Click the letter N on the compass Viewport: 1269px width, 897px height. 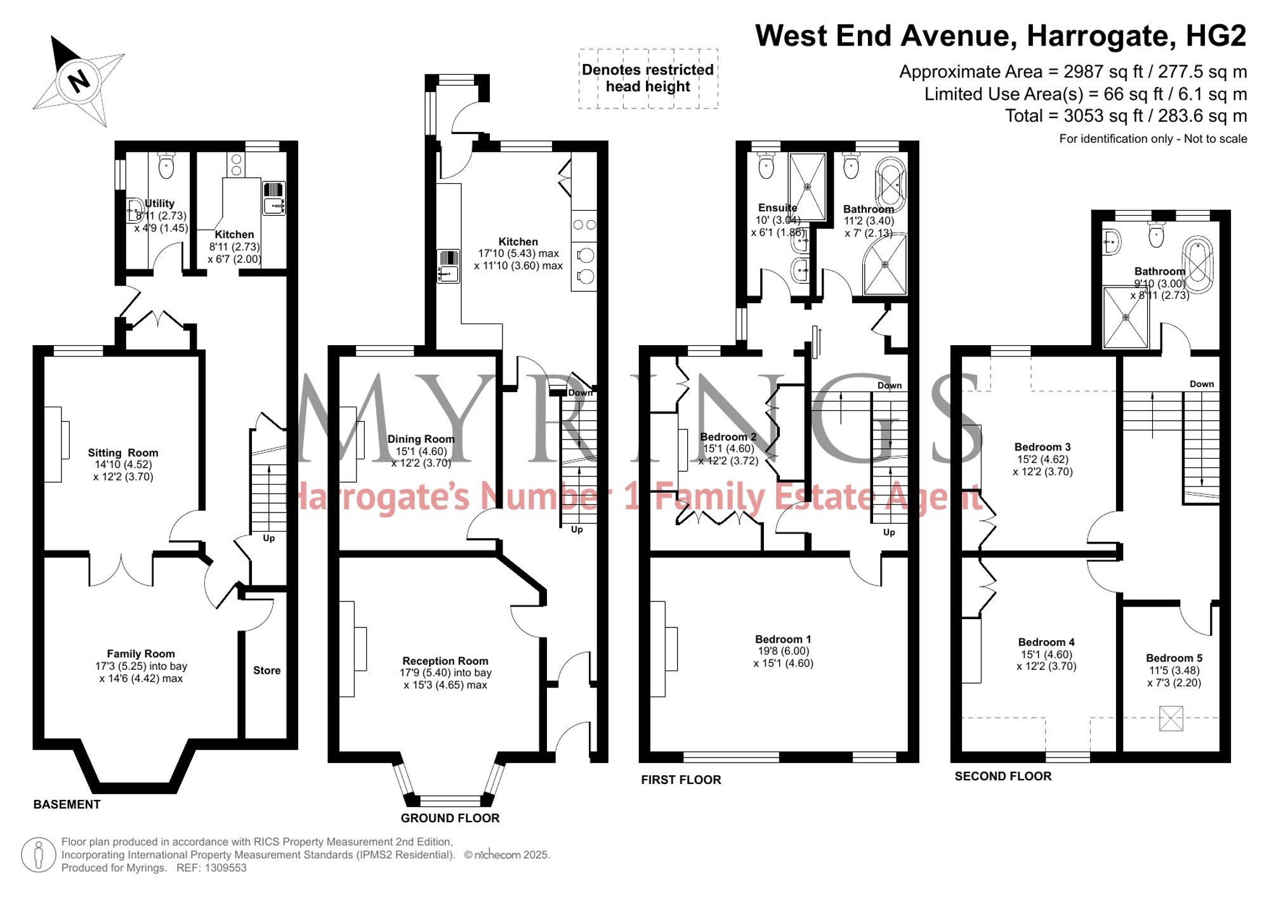pyautogui.click(x=79, y=81)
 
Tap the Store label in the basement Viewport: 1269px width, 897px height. pyautogui.click(x=266, y=671)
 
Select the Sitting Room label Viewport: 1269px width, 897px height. pyautogui.click(x=123, y=453)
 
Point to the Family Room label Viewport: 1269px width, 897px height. pyautogui.click(x=141, y=654)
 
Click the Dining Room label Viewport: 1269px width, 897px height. pyautogui.click(x=421, y=439)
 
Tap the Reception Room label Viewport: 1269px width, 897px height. pyautogui.click(x=445, y=661)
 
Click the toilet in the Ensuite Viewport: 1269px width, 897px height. pyautogui.click(x=766, y=166)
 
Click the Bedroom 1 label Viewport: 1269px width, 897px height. pyautogui.click(x=783, y=639)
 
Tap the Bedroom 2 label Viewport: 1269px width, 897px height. pyautogui.click(x=728, y=437)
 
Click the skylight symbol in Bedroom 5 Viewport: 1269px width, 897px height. pyautogui.click(x=1171, y=719)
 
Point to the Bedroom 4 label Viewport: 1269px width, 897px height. pyautogui.click(x=1046, y=643)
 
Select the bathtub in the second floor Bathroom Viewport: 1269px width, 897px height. pyautogui.click(x=1198, y=264)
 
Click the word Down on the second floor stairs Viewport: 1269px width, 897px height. pyautogui.click(x=1202, y=384)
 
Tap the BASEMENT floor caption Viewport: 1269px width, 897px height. pyautogui.click(x=67, y=804)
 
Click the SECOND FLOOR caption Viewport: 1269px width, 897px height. pyautogui.click(x=1003, y=776)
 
